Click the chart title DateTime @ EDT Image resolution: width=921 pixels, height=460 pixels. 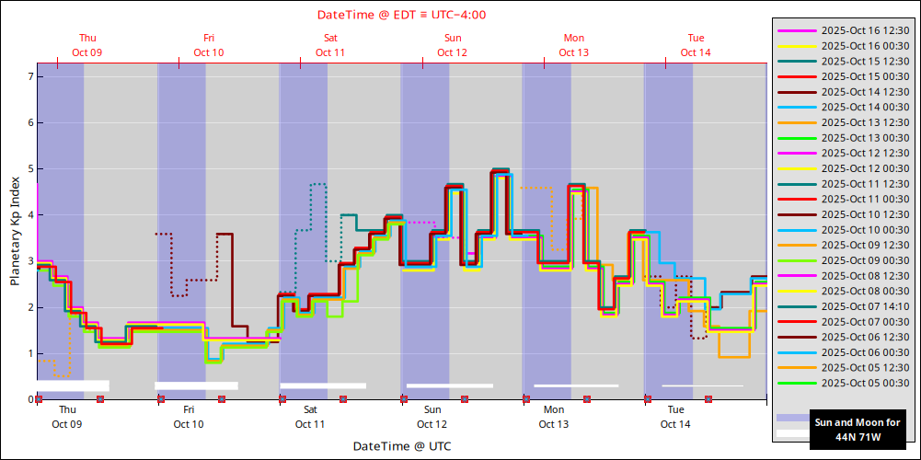[x=401, y=14]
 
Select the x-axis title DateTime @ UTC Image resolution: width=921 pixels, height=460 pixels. [x=401, y=446]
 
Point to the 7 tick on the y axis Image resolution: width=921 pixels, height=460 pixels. [x=30, y=76]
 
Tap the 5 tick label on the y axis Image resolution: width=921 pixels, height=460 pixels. [x=30, y=169]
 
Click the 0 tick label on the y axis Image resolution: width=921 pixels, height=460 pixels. [x=30, y=399]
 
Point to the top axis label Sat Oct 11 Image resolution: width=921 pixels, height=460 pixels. [x=330, y=45]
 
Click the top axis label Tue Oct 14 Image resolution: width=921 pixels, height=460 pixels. [x=696, y=45]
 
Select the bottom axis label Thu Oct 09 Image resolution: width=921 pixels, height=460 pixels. [x=67, y=417]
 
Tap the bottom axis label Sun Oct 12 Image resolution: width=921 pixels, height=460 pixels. [x=432, y=417]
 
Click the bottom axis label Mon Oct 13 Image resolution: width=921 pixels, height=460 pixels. [x=554, y=417]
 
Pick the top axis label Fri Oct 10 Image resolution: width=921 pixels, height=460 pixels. [x=209, y=45]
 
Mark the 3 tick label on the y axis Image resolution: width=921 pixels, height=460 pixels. [x=30, y=261]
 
